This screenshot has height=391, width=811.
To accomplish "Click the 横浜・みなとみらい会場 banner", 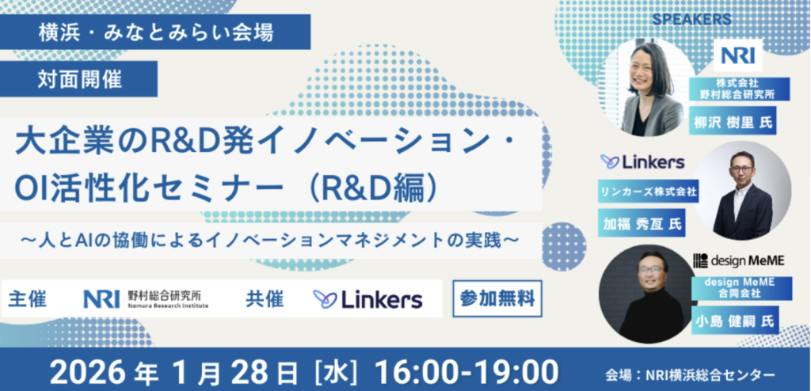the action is pos(155,32).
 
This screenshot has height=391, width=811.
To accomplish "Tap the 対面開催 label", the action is pos(78,78).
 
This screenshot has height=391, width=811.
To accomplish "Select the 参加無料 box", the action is pos(497,298).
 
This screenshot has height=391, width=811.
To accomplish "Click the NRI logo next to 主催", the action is pos(146,298).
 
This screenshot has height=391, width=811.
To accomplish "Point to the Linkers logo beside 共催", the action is pos(367,299).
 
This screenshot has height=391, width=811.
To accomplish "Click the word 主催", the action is pos(28,299).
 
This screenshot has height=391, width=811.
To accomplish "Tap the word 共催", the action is pos(265,299).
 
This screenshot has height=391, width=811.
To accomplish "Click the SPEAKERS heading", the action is pos(691,20).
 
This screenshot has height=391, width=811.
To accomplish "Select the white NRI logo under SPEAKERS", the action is pos(737,55).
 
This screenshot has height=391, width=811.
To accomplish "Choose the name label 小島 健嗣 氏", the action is pos(734,320).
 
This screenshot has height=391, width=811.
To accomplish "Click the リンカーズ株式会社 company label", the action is pos(648,192).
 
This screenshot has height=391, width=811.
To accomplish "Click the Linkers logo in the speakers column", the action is pos(642,162).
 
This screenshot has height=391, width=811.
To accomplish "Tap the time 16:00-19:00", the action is pos(466,371).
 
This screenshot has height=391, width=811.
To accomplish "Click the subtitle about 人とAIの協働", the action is pos(269,241).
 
